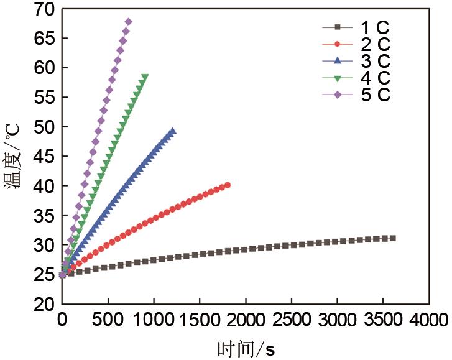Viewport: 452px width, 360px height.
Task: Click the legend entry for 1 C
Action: (356, 27)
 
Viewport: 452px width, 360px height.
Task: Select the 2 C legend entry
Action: (356, 44)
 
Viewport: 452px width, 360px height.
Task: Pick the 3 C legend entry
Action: (356, 61)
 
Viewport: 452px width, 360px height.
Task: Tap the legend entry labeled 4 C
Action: (356, 78)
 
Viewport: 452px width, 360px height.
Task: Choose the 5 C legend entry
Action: (356, 95)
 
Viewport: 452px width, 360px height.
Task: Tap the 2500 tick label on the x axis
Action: (291, 320)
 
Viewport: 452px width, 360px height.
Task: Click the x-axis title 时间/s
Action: (246, 349)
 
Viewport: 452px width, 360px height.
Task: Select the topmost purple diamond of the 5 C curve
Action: (128, 22)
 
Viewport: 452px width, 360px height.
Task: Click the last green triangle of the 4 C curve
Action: (145, 77)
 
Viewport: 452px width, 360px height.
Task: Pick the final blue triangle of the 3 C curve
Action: (172, 131)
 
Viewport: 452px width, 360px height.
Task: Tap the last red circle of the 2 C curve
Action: (228, 185)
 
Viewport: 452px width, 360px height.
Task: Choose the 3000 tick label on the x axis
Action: (337, 320)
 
